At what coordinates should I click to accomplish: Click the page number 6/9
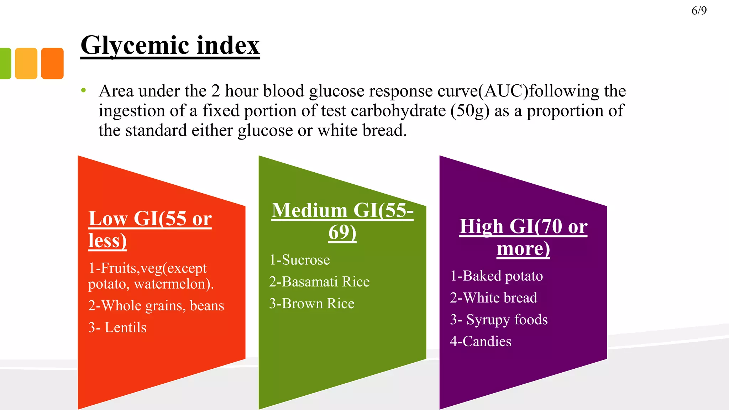tap(699, 11)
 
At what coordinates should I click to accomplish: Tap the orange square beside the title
tap(52, 63)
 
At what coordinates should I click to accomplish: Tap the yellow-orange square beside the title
tap(26, 63)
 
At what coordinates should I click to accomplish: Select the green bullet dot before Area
tap(83, 90)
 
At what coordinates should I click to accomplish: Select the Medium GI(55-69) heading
tap(342, 221)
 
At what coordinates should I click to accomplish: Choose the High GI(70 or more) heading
tap(523, 237)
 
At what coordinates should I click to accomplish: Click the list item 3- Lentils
tap(117, 327)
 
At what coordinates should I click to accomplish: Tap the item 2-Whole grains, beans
tap(156, 306)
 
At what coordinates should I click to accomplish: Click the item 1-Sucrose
tap(299, 260)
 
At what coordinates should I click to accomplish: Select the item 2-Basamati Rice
tap(319, 282)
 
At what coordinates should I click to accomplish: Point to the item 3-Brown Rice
tap(311, 304)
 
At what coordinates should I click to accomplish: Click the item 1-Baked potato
tap(496, 276)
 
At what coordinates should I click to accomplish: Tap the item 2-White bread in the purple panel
tap(493, 298)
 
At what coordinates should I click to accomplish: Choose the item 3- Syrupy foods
tap(498, 320)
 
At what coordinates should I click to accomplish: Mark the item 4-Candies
tap(481, 341)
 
